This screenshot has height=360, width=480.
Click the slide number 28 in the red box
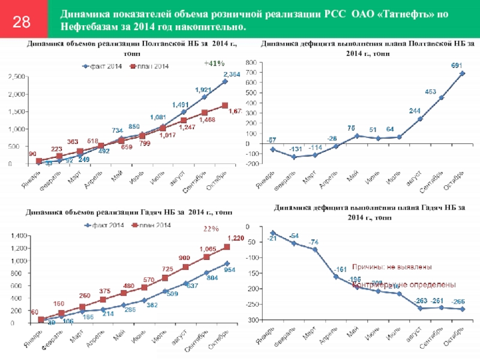pyautogui.click(x=22, y=22)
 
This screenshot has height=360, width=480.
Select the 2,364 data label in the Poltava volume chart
pyautogui.click(x=231, y=74)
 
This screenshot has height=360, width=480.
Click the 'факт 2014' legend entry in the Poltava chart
pyautogui.click(x=103, y=65)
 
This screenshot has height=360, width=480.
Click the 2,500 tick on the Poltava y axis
pyautogui.click(x=16, y=76)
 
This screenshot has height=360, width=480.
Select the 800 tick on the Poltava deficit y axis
pyautogui.click(x=250, y=62)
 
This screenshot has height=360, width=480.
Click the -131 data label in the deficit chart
pyautogui.click(x=294, y=149)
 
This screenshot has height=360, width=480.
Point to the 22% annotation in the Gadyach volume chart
pyautogui.click(x=211, y=229)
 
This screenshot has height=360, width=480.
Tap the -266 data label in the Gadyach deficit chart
pyautogui.click(x=460, y=302)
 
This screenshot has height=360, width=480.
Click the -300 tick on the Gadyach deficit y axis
pyautogui.click(x=251, y=320)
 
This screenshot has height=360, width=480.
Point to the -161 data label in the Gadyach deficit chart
pyautogui.click(x=340, y=269)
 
